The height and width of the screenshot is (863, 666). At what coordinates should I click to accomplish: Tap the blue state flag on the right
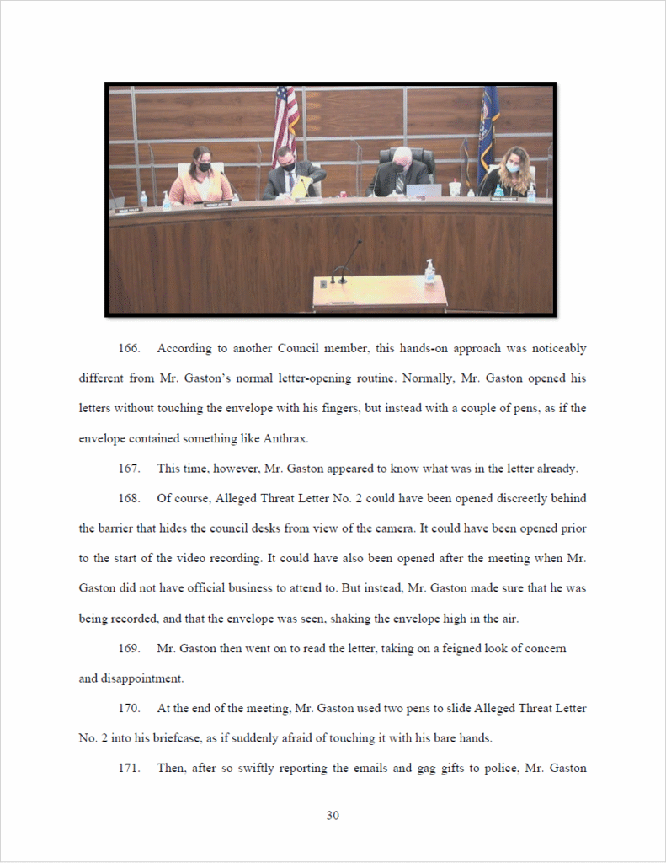coord(488,126)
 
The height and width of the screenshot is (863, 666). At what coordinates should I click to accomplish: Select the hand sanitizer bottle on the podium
coord(430,271)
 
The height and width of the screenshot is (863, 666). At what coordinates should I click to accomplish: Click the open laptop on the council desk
coord(423,190)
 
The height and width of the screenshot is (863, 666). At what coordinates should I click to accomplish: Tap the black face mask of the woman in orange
coord(203,168)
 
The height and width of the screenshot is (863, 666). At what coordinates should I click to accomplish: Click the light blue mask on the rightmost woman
coord(513,168)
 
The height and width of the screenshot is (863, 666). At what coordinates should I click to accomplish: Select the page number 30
coord(333,815)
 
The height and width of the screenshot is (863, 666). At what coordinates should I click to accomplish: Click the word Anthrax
coord(285,438)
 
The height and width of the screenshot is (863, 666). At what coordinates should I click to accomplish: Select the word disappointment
coord(141,678)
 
